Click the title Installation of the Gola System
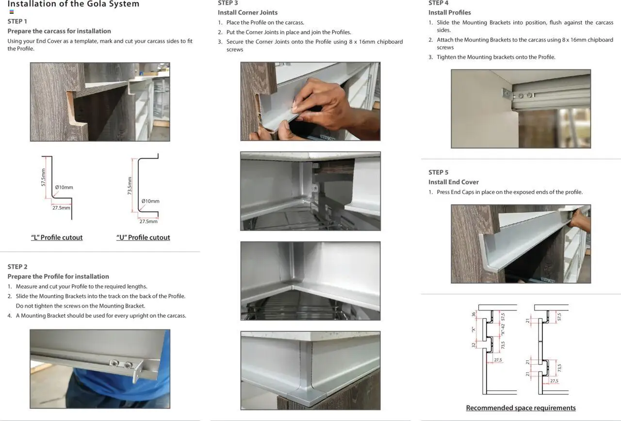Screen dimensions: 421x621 coord(73,4)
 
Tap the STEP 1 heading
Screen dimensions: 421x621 coord(17,21)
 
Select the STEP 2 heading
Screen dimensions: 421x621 coord(17,267)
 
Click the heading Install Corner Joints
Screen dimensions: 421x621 coord(247,13)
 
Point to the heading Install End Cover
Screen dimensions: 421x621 coord(453,182)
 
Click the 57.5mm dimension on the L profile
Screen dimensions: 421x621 coord(43,178)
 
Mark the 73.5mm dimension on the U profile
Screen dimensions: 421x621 coord(130,185)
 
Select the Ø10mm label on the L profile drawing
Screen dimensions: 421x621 coord(64,187)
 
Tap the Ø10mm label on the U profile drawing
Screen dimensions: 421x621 coord(150,201)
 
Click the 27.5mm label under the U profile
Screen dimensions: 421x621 coord(148,222)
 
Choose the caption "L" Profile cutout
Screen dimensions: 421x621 coord(57,238)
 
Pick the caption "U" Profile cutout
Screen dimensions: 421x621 coord(143,238)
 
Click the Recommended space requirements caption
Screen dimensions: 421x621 coord(521,408)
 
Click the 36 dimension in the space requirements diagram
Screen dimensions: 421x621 coord(474,314)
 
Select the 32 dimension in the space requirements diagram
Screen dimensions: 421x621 coord(474,345)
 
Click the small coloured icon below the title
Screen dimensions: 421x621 coord(12,12)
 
